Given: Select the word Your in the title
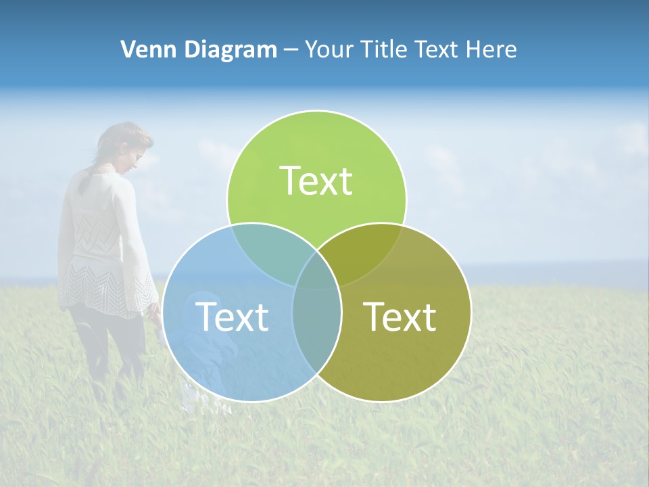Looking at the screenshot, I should [331, 49].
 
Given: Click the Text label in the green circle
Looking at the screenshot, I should [316, 181].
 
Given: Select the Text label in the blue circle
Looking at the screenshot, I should [232, 317].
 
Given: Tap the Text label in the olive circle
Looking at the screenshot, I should [400, 317].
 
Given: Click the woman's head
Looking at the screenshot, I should [125, 145].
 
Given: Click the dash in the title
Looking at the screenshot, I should [291, 49].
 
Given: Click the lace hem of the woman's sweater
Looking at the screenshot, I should [108, 291].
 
